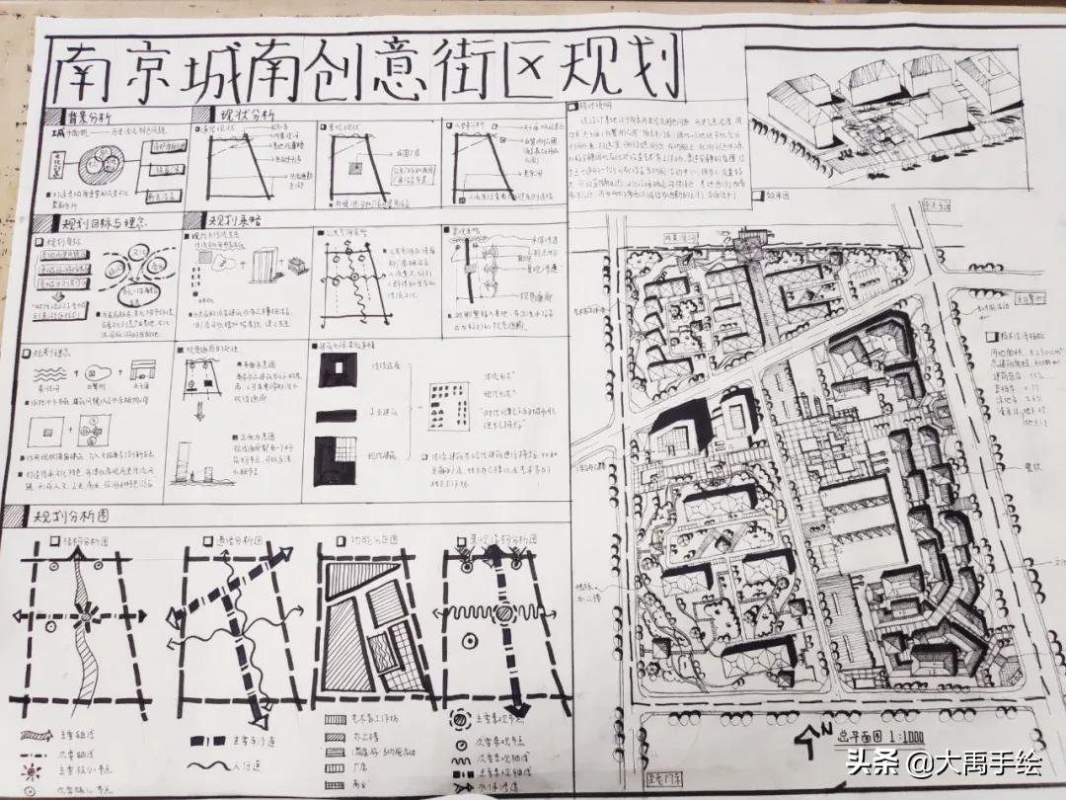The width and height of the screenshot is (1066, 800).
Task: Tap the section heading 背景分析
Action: point(95,117)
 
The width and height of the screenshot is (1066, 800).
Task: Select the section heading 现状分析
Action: point(247,117)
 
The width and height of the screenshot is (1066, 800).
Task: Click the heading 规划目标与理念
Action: point(100,224)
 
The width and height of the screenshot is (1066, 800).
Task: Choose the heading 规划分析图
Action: point(69,516)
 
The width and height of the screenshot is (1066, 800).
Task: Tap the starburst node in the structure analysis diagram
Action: point(84,618)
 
